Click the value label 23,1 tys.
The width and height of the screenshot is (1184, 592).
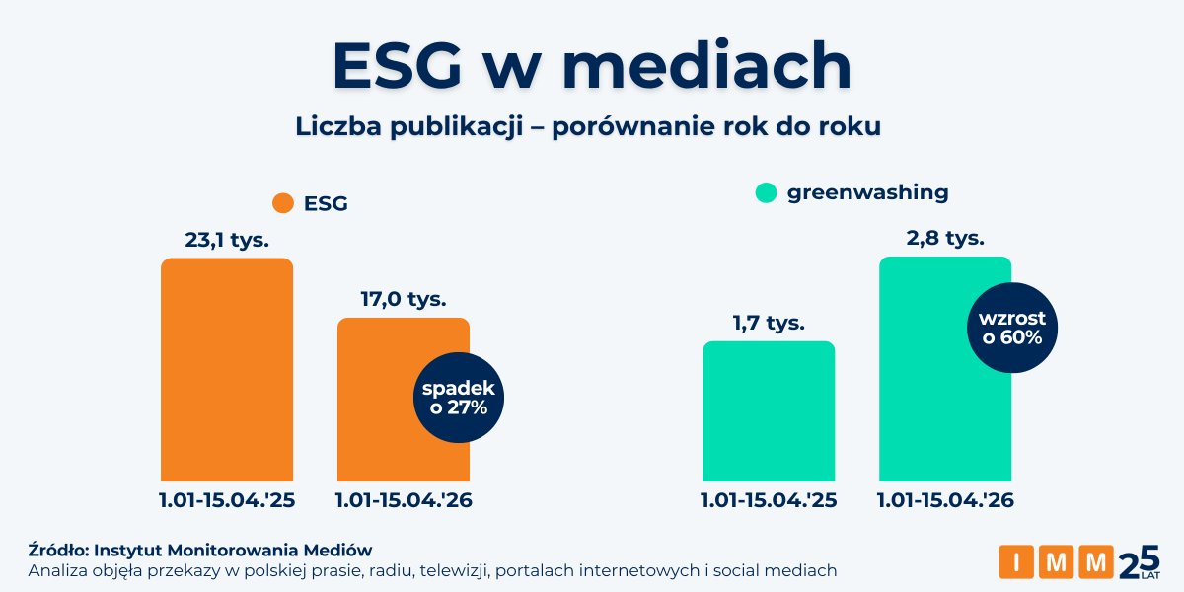click(x=227, y=240)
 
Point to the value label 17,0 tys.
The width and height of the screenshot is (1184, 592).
click(x=404, y=298)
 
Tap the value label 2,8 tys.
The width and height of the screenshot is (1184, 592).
click(x=944, y=238)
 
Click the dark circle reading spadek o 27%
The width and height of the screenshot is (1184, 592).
click(x=459, y=398)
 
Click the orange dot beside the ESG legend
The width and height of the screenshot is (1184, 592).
click(x=284, y=203)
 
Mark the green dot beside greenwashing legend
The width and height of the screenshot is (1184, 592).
click(x=767, y=193)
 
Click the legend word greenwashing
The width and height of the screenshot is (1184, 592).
click(x=867, y=192)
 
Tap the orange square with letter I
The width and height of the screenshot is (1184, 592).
click(x=1017, y=561)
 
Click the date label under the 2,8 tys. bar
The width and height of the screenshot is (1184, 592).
click(x=945, y=500)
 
